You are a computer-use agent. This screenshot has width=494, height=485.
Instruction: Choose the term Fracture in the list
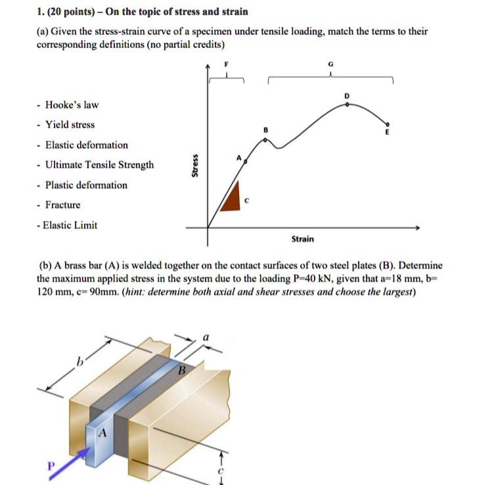click(63, 205)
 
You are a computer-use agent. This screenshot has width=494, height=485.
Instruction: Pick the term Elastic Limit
click(70, 225)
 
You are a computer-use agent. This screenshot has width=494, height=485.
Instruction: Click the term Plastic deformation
click(86, 185)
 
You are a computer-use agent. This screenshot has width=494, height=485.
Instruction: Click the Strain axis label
click(302, 239)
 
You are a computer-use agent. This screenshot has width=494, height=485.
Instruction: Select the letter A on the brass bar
click(102, 434)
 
